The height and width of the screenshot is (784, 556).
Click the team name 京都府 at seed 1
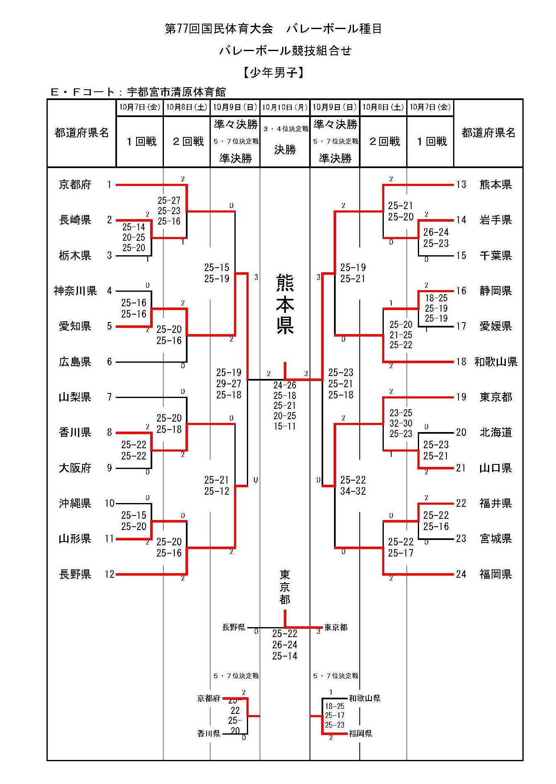pyautogui.click(x=75, y=185)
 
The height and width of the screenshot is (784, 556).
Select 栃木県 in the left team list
pyautogui.click(x=75, y=256)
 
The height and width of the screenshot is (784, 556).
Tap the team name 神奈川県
pyautogui.click(x=75, y=291)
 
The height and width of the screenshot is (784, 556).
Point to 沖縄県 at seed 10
pyautogui.click(x=75, y=503)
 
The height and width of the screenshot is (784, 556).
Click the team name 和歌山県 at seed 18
pyautogui.click(x=496, y=362)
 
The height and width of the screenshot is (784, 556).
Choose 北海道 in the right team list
pyautogui.click(x=496, y=432)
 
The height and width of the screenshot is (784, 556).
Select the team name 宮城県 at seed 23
pyautogui.click(x=496, y=539)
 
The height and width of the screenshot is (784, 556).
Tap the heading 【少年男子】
pyautogui.click(x=273, y=73)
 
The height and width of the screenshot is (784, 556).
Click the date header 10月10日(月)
pyautogui.click(x=285, y=107)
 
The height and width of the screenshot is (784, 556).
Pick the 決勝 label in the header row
pyautogui.click(x=285, y=150)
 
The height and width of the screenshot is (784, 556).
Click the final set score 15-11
pyautogui.click(x=285, y=426)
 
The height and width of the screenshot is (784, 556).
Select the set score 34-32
pyautogui.click(x=353, y=491)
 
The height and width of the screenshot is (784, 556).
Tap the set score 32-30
pyautogui.click(x=401, y=423)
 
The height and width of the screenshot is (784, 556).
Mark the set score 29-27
pyautogui.click(x=229, y=384)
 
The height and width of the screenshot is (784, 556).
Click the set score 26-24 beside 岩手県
pyautogui.click(x=436, y=232)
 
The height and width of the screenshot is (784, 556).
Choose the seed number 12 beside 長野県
pyautogui.click(x=110, y=574)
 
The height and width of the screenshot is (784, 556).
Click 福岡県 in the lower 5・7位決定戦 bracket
pyautogui.click(x=361, y=734)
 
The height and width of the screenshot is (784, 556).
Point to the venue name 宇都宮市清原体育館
pyautogui.click(x=176, y=92)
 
